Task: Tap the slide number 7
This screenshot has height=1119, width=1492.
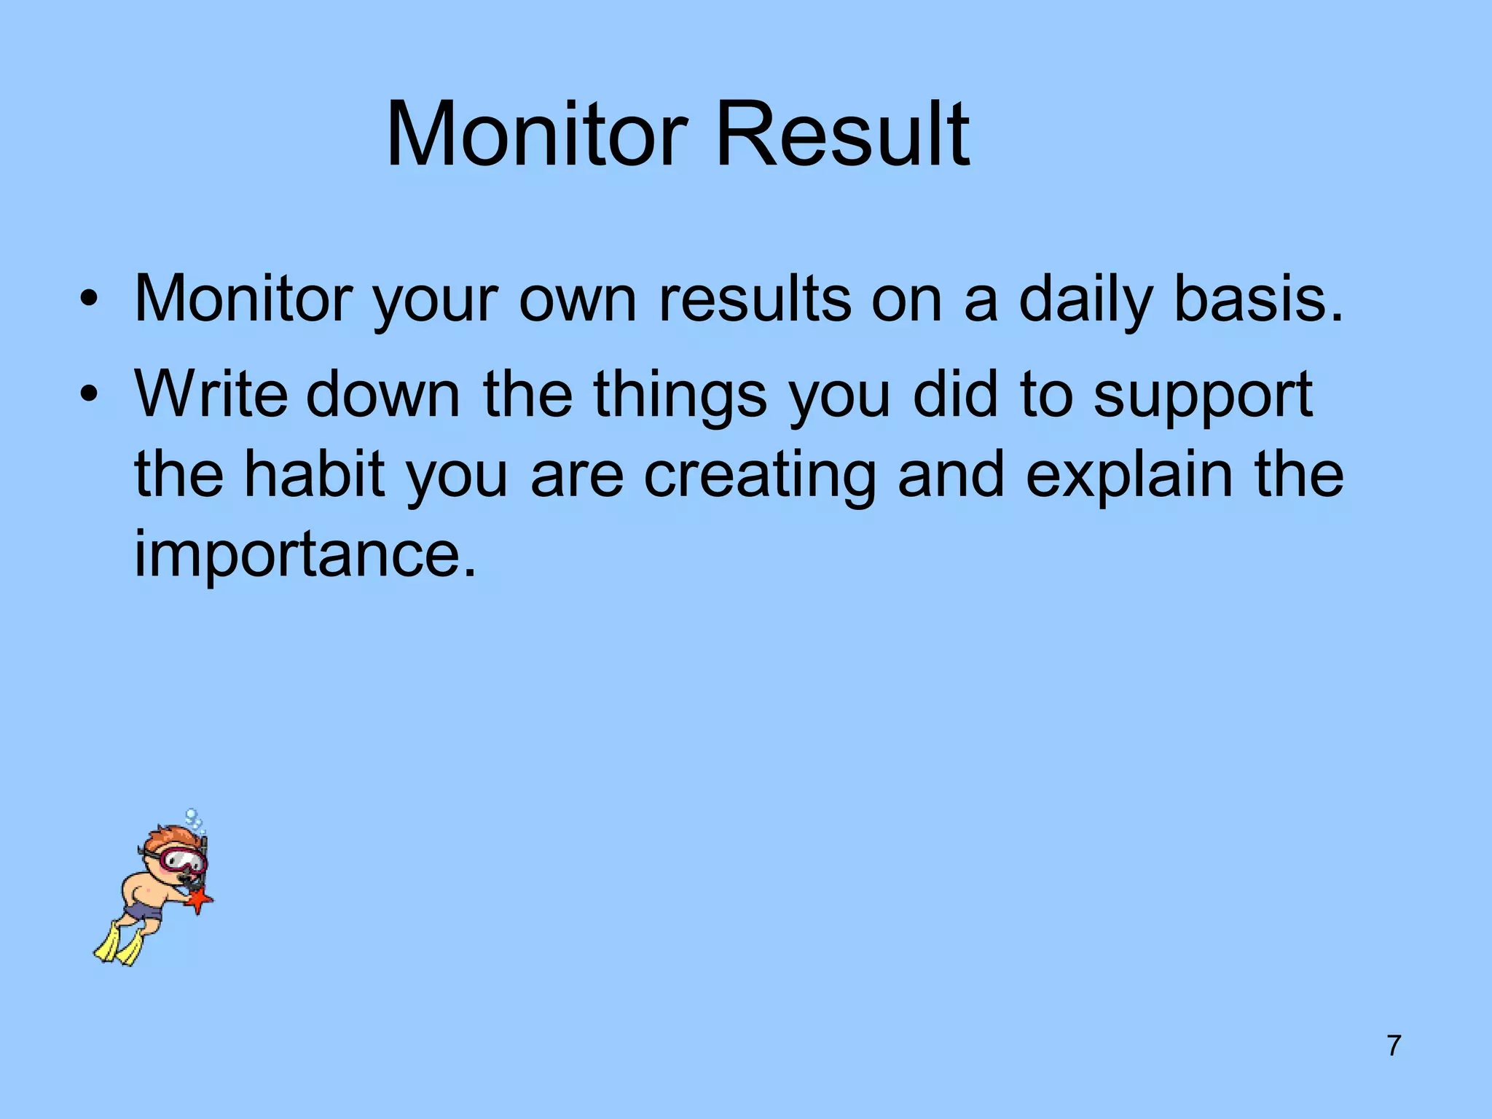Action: point(1394,1045)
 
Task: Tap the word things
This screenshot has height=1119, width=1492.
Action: point(680,395)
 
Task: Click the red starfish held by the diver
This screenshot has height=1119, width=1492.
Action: point(198,901)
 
